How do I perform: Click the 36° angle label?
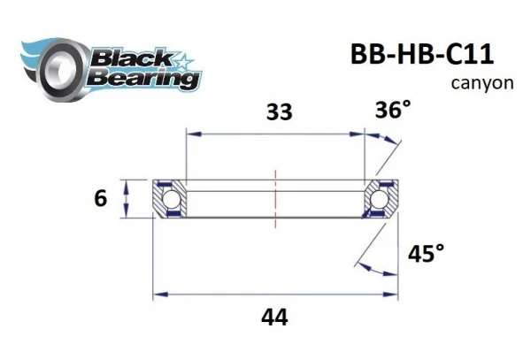click(393, 111)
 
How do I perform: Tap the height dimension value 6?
click(100, 199)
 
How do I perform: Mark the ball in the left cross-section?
click(167, 199)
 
